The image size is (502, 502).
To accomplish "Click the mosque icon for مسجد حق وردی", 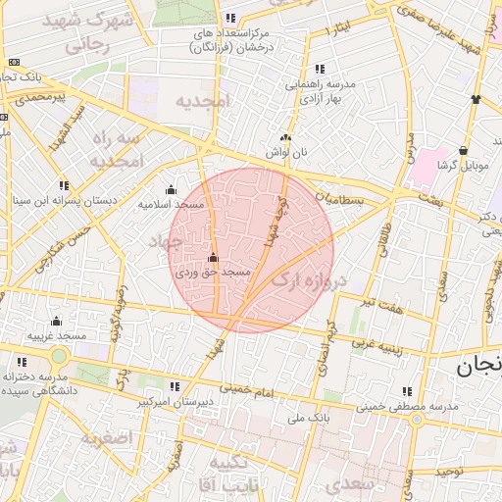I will pyautogui.click(x=213, y=258).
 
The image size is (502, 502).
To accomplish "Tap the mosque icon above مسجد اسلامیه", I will pyautogui.click(x=172, y=190).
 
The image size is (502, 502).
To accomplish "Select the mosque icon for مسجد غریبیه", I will pyautogui.click(x=56, y=322).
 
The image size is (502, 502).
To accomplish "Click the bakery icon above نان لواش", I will pyautogui.click(x=285, y=139).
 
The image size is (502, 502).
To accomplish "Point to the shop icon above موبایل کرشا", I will pyautogui.click(x=462, y=151).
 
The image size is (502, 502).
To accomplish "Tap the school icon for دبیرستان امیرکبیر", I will pyautogui.click(x=174, y=387).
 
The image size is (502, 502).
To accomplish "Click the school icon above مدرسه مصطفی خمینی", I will pyautogui.click(x=405, y=391).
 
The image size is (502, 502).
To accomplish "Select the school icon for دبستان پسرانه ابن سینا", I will pyautogui.click(x=64, y=185).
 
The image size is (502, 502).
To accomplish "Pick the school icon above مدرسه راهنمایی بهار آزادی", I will pyautogui.click(x=320, y=70).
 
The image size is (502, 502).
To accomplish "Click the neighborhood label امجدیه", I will pyautogui.click(x=202, y=100).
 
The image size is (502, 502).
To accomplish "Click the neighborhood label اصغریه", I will pyautogui.click(x=106, y=437).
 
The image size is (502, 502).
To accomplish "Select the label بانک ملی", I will pyautogui.click(x=284, y=419).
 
